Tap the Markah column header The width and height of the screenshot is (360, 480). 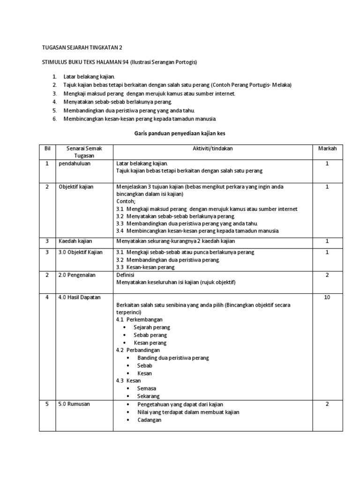(x=327, y=149)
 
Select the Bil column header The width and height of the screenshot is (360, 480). (x=47, y=149)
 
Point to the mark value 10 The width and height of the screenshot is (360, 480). (x=327, y=297)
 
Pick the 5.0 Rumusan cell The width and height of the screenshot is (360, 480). (x=75, y=404)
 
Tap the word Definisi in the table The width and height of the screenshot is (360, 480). (x=126, y=275)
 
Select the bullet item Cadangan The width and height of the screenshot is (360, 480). (x=149, y=420)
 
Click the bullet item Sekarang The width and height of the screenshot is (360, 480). (x=149, y=396)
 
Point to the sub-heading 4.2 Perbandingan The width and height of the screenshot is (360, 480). (x=138, y=350)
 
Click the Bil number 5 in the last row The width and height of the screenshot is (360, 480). (x=47, y=404)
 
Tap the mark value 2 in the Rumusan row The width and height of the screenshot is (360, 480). (x=327, y=404)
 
